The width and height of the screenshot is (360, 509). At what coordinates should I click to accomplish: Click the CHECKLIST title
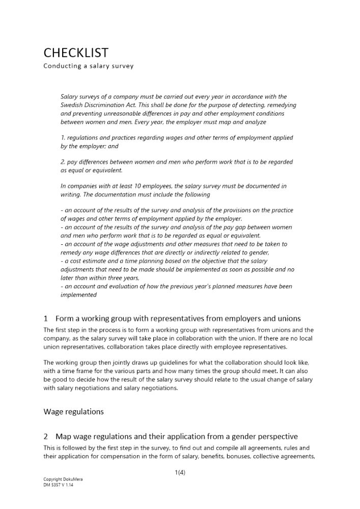point(76,53)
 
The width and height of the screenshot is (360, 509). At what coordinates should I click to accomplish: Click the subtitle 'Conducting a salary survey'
point(89,66)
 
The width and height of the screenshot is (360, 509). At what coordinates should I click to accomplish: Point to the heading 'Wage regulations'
point(73,411)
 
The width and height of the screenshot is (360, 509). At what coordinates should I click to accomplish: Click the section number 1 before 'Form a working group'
point(46,319)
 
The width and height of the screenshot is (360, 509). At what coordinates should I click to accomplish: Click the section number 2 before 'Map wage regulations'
point(46,437)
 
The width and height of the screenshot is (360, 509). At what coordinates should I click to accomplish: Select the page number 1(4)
point(180,472)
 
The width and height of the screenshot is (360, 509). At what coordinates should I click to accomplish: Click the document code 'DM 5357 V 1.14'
point(59,485)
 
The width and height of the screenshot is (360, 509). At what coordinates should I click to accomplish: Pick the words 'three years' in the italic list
point(122,278)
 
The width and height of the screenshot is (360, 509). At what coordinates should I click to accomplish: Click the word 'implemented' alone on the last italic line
point(78,295)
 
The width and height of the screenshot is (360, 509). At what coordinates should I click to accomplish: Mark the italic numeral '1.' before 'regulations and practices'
point(63,138)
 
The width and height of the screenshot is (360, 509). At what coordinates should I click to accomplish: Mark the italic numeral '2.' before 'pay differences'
point(63,162)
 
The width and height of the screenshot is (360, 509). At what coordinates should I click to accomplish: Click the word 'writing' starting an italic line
point(70,194)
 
